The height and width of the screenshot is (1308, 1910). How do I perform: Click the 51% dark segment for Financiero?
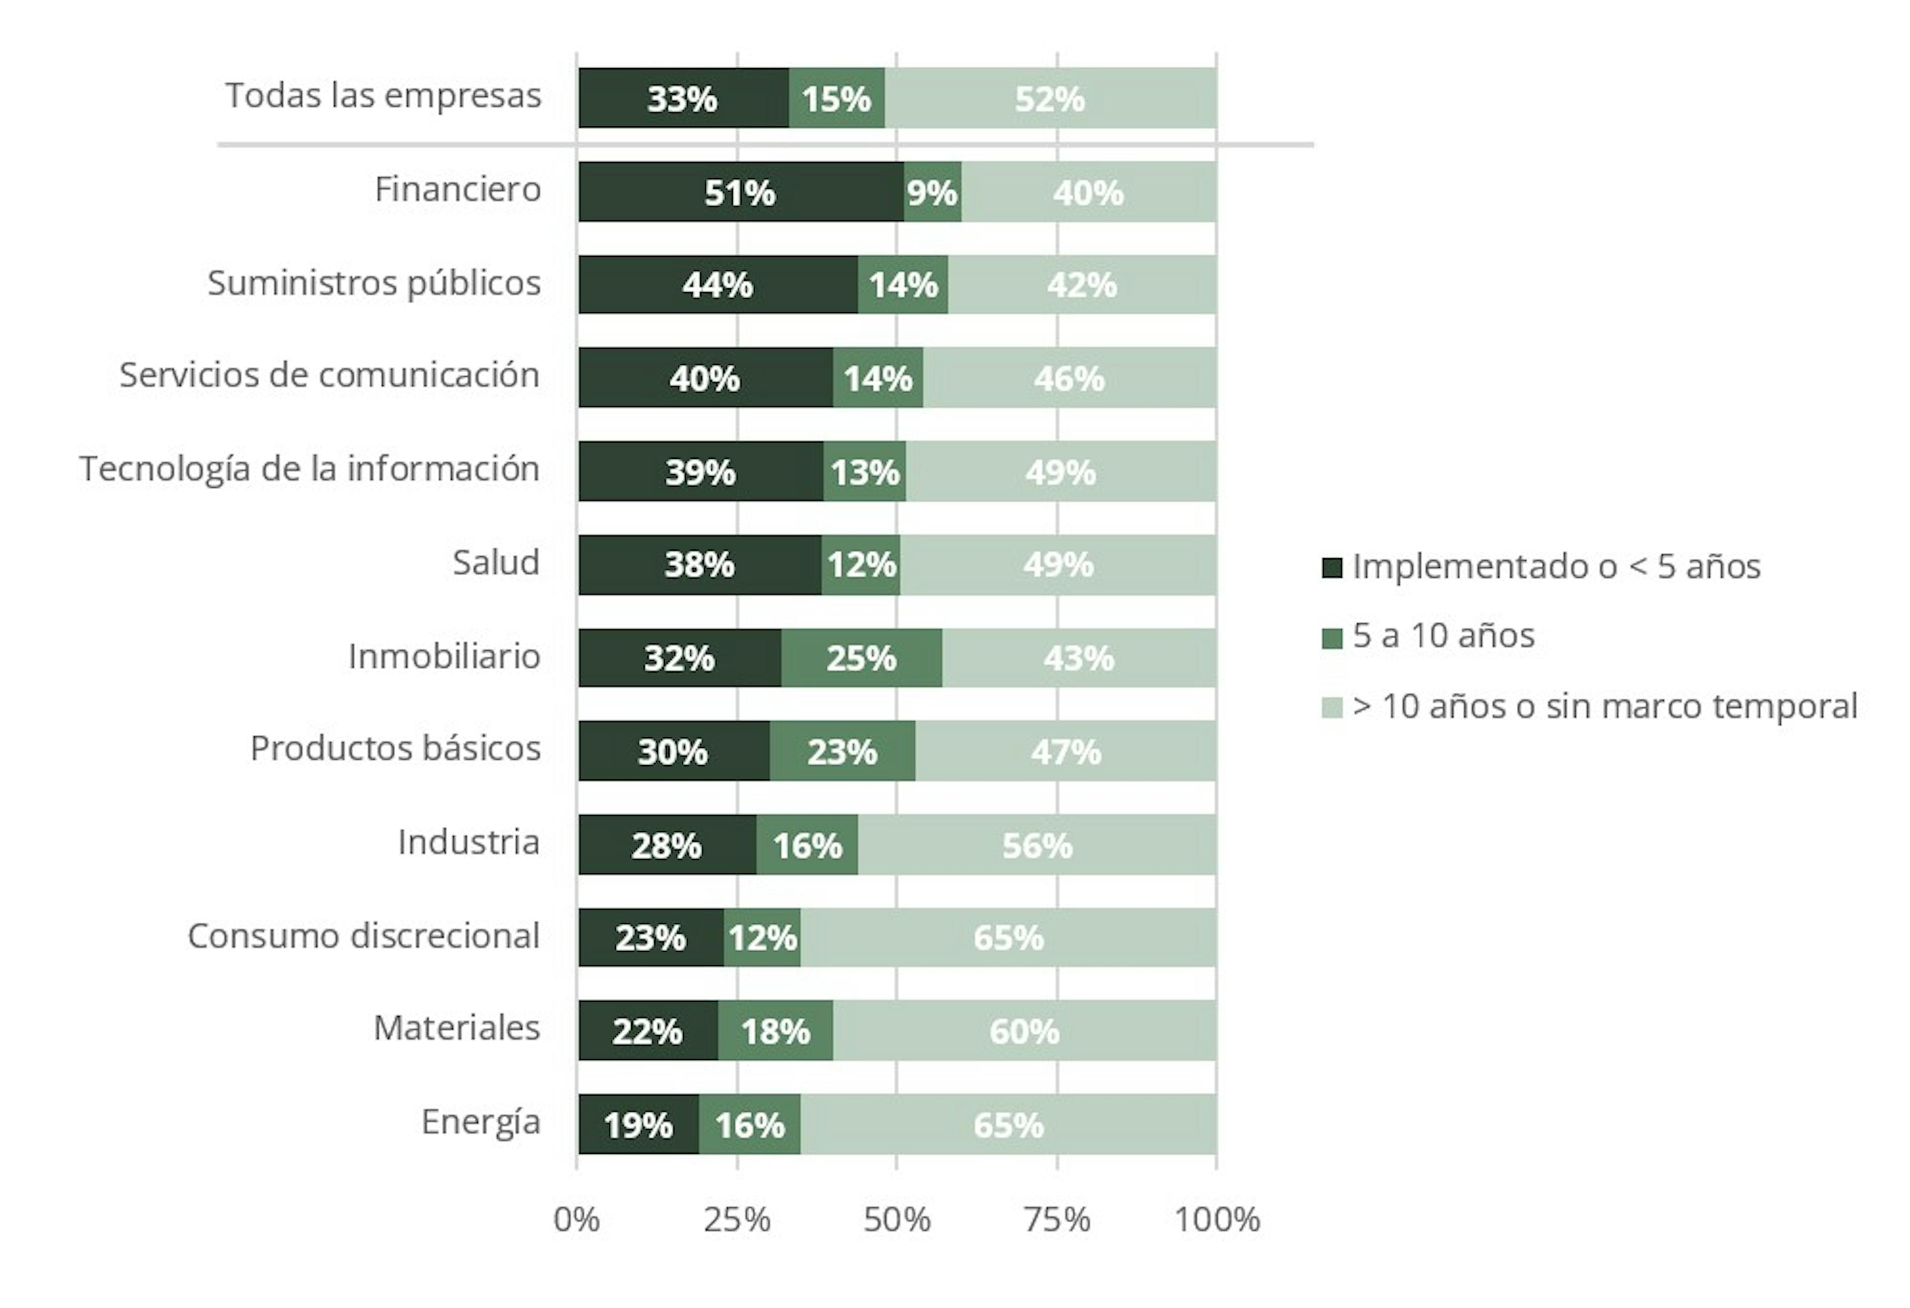coord(740,192)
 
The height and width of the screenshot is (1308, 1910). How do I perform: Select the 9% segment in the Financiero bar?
coord(932,192)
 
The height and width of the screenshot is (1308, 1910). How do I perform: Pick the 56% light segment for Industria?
coord(1037,845)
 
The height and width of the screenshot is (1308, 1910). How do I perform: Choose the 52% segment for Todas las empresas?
coord(1050,98)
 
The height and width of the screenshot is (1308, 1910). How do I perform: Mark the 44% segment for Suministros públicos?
coord(717,285)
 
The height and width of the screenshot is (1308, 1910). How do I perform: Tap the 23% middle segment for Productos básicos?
coord(843,752)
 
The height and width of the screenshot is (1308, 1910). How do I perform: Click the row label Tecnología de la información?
coord(310,469)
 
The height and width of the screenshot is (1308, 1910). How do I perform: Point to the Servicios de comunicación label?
coord(330,375)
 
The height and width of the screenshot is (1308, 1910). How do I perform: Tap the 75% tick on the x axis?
coord(1057,1220)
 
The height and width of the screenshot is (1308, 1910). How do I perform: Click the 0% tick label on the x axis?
coord(577,1220)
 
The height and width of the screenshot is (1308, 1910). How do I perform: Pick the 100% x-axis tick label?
coord(1216,1220)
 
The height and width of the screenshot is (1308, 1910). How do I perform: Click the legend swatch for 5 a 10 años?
coord(1332,637)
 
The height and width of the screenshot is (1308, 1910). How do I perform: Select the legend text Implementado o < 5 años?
coord(1556,567)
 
